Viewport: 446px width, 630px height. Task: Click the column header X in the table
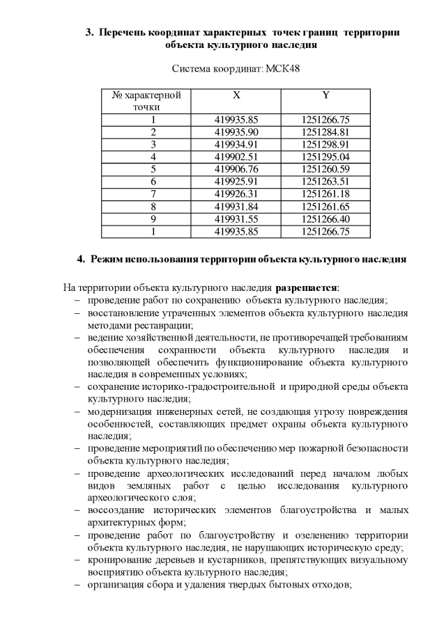[236, 95]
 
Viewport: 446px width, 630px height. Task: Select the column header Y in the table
[325, 95]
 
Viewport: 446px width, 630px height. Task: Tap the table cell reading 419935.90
[236, 132]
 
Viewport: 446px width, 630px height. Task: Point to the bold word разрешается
[307, 288]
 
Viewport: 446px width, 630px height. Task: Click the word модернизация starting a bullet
[120, 411]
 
